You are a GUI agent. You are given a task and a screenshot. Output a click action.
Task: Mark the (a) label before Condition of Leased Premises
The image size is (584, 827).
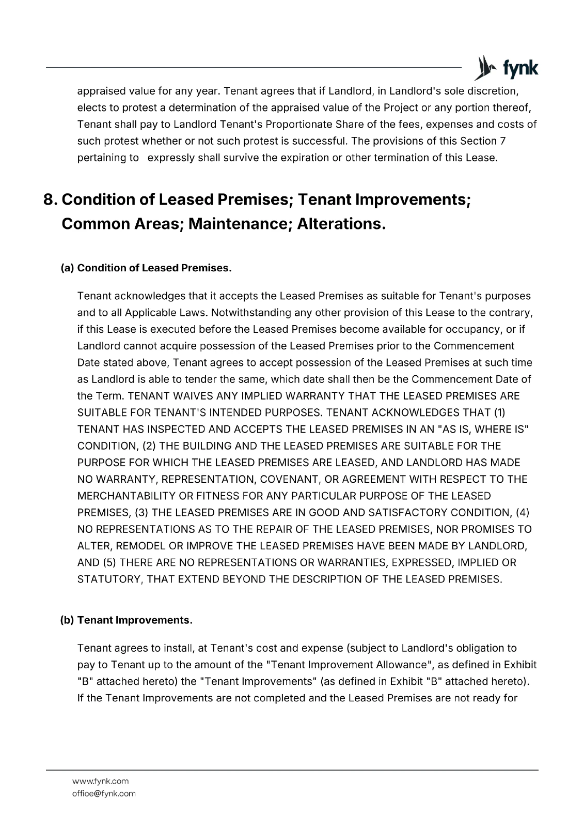68,268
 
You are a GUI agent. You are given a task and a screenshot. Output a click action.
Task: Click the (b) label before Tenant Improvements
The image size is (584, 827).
68,620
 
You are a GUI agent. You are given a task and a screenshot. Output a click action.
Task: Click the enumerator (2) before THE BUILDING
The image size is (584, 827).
146,446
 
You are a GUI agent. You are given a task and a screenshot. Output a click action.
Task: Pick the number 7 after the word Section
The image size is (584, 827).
503,141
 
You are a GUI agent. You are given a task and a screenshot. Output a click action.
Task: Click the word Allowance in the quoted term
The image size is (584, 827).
403,665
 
